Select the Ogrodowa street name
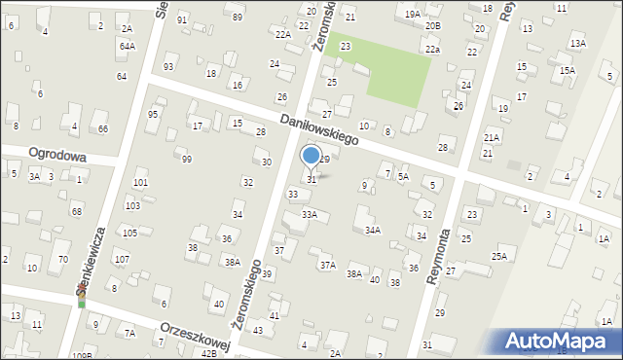point(57,156)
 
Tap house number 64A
point(127,46)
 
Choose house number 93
point(168,66)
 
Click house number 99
point(186,160)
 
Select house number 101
point(140,183)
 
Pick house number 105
point(129,234)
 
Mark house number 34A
point(373,231)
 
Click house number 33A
point(309,214)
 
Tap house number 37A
point(328,265)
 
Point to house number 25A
point(499,257)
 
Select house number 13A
point(578,44)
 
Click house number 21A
point(492,139)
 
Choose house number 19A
point(413,14)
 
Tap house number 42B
point(208,354)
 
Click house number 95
point(153,115)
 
